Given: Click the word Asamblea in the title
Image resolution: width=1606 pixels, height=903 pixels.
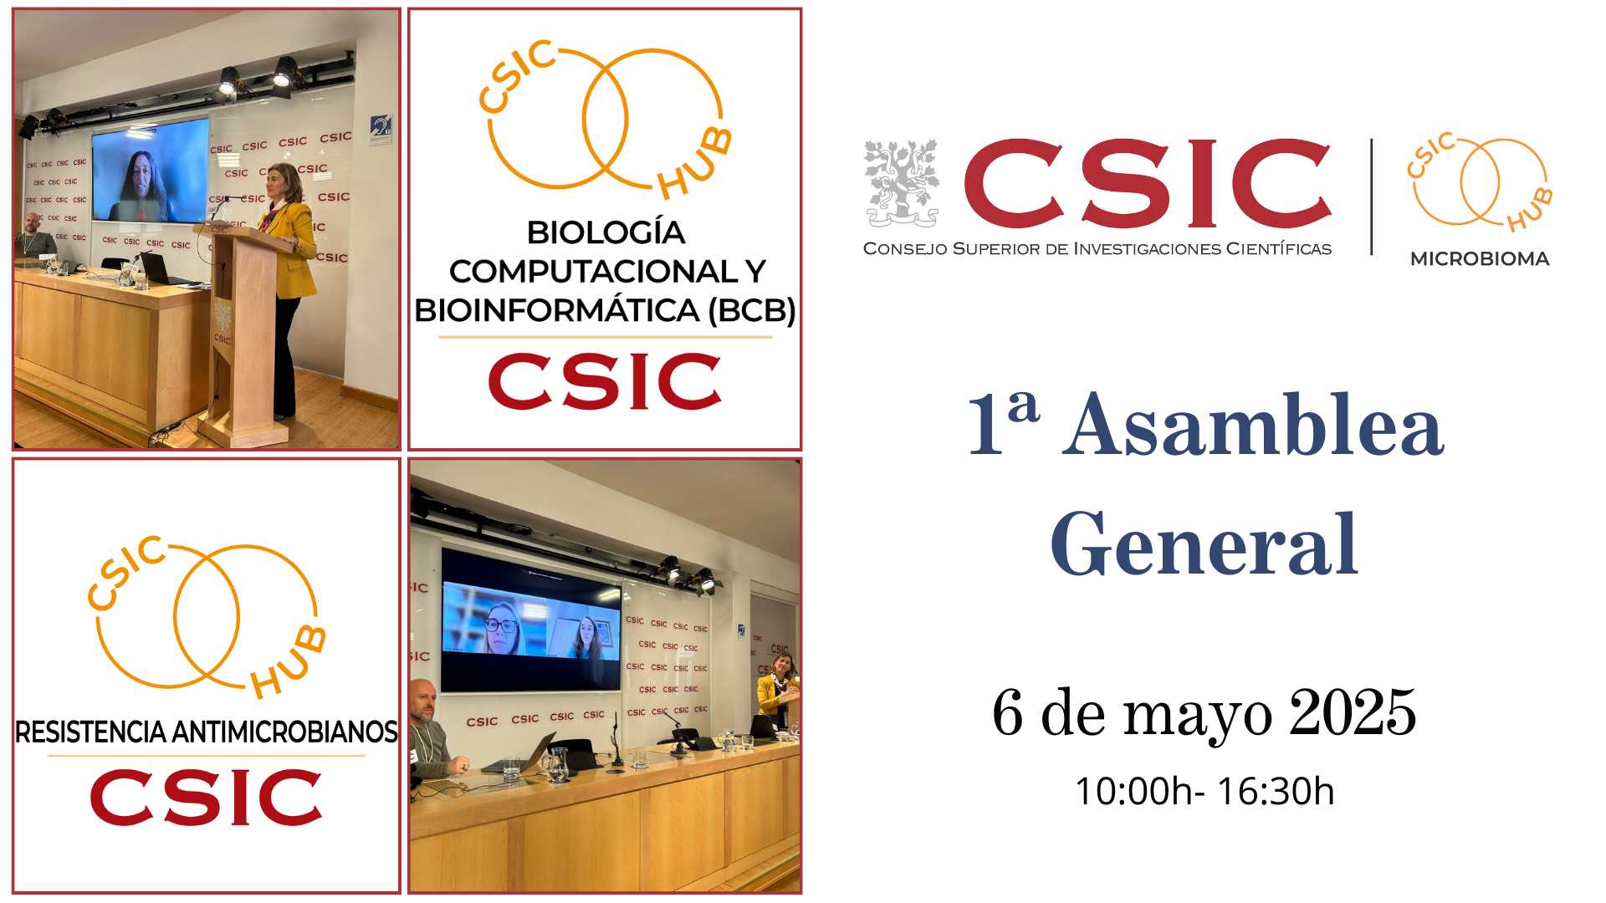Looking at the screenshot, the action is pos(1253,426).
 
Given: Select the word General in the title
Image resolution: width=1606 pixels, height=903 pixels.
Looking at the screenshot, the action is pos(1204,544).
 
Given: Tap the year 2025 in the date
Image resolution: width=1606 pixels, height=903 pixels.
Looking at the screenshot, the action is pos(1353,712).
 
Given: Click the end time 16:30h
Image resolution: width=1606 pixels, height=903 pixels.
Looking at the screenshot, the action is pos(1276,791).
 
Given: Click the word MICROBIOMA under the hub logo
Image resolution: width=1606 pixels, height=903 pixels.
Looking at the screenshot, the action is pos(1480,259).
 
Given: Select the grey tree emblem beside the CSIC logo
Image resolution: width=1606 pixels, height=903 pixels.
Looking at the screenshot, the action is pos(901,183).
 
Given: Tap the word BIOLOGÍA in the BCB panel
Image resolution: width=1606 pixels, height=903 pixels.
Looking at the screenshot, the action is pos(606,232).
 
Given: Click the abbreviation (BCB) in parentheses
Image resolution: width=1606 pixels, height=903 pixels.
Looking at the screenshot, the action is pos(751,310).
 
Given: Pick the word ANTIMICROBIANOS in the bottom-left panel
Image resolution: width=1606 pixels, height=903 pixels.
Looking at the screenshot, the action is pos(284,732).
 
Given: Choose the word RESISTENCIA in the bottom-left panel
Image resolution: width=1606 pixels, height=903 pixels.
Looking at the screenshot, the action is pos(91,732).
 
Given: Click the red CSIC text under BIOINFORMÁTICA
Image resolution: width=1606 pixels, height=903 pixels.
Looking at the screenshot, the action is pos(605,381).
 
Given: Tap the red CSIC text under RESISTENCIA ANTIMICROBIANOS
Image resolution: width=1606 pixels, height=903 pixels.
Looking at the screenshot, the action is pos(206,798).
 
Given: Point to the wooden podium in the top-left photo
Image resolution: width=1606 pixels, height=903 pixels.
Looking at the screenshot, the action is pos(245,334).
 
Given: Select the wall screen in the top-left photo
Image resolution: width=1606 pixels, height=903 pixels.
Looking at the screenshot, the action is pos(151,171).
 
